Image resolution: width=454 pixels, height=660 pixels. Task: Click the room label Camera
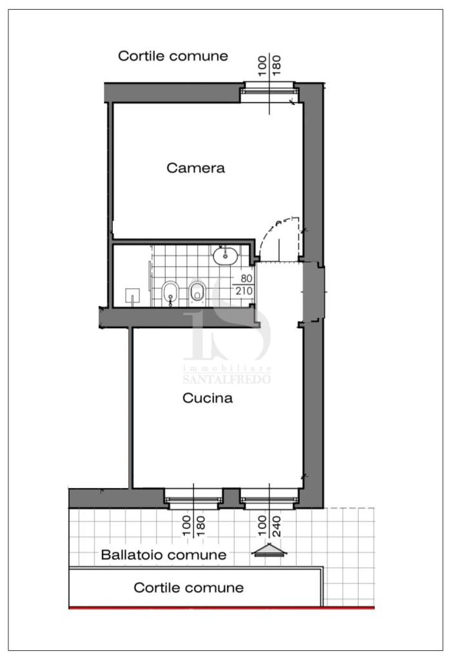pyautogui.click(x=195, y=168)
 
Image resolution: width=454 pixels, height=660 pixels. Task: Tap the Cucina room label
pyautogui.click(x=208, y=398)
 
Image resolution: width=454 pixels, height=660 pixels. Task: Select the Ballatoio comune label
pyautogui.click(x=163, y=554)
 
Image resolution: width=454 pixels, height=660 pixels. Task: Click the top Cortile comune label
pyautogui.click(x=173, y=55)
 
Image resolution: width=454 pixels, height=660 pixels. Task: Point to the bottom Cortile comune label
pyautogui.click(x=189, y=588)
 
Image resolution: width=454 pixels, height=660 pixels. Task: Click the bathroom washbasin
pyautogui.click(x=225, y=255)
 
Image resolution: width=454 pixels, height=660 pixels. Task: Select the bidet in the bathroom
pyautogui.click(x=170, y=292)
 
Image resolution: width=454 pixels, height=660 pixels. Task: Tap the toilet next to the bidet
pyautogui.click(x=197, y=291)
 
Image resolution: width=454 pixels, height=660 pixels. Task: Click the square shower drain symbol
pyautogui.click(x=133, y=295)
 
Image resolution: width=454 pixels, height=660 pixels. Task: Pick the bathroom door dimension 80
pyautogui.click(x=246, y=278)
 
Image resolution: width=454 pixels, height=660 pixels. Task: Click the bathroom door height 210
pyautogui.click(x=244, y=291)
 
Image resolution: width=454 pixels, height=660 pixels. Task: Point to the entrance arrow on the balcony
pyautogui.click(x=269, y=550)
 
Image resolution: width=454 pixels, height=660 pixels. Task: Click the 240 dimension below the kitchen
pyautogui.click(x=276, y=526)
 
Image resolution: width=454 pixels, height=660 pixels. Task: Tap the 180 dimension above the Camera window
pyautogui.click(x=276, y=66)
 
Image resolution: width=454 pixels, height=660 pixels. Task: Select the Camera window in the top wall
pyautogui.click(x=269, y=89)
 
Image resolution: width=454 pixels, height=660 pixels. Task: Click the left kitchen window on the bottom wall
pyautogui.click(x=193, y=499)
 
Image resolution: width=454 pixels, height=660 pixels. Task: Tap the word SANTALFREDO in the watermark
pyautogui.click(x=226, y=379)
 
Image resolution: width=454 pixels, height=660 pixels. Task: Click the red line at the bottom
pyautogui.click(x=222, y=607)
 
